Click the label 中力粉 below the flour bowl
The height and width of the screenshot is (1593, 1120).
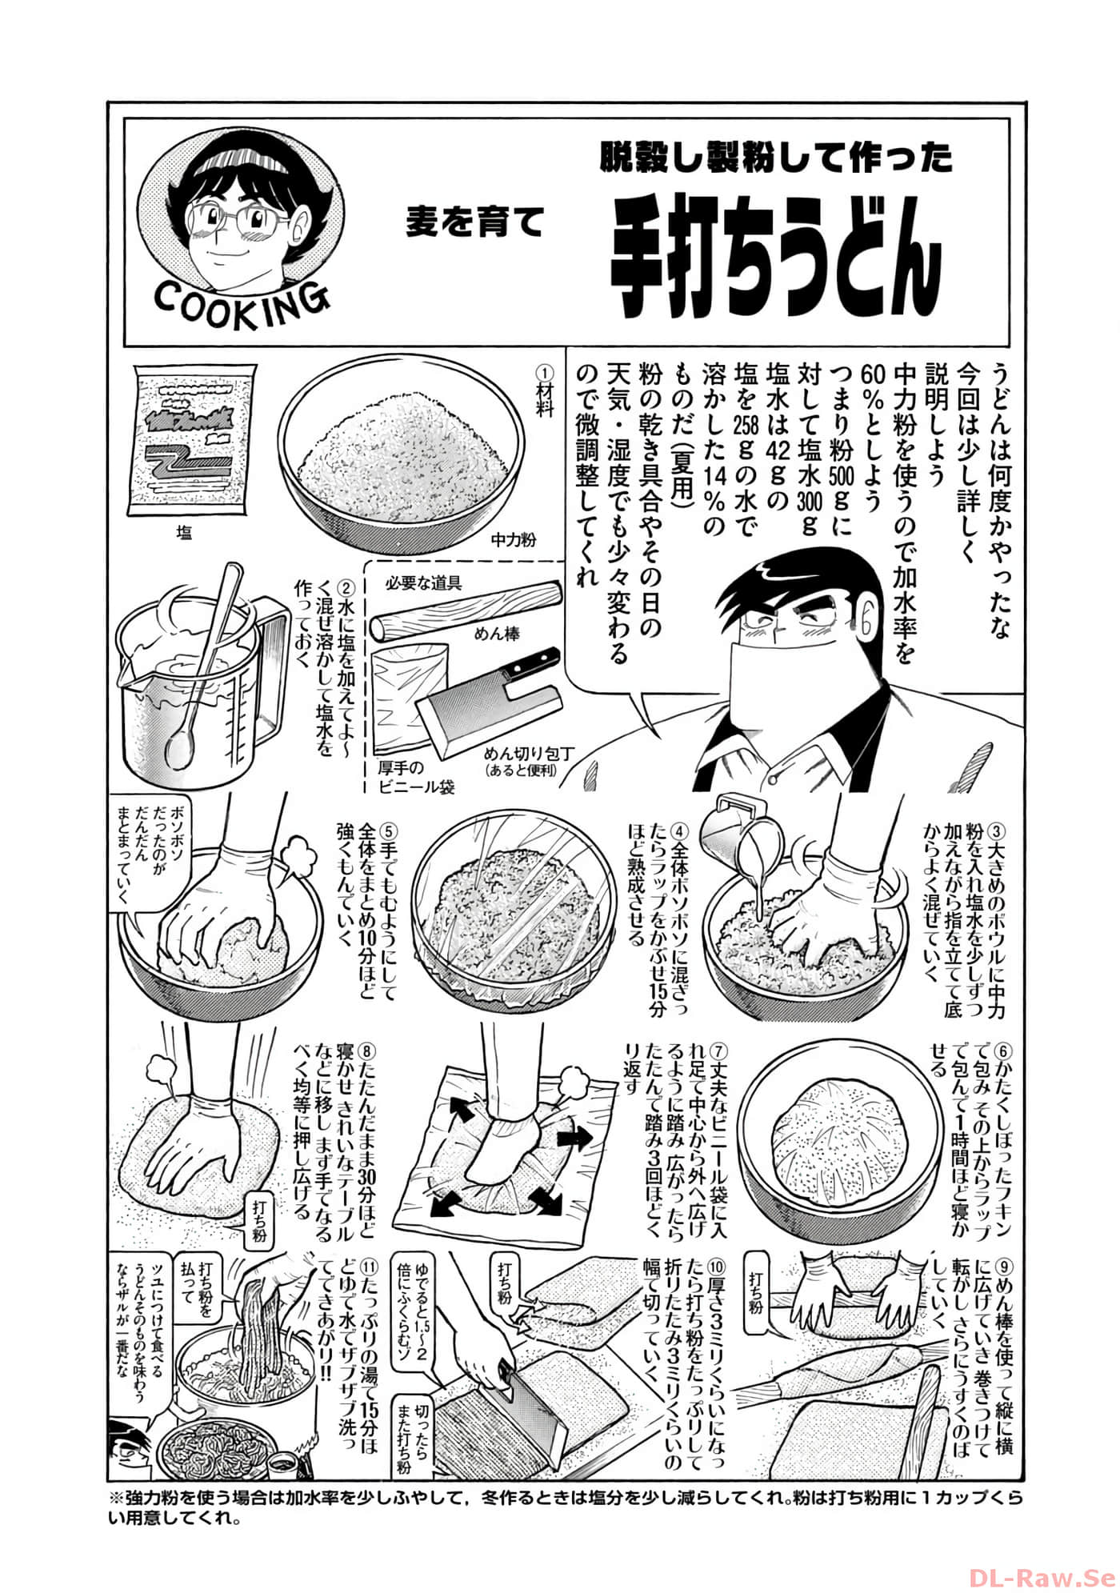coord(513,539)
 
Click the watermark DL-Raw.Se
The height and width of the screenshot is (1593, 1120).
coord(1042,1555)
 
